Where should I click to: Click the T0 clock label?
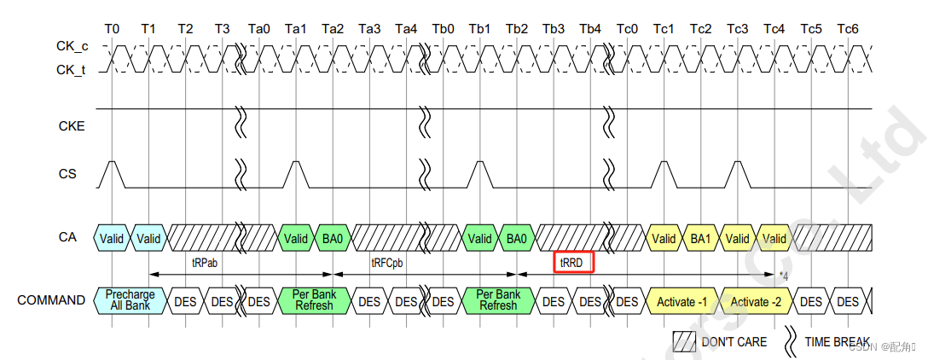pos(112,29)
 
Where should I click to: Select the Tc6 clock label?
pos(847,29)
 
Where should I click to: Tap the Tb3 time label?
pos(554,29)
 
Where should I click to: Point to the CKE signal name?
pos(71,126)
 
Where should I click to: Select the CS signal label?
pos(67,174)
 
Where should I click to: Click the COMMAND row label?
pos(51,300)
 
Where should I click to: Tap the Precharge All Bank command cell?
pos(130,300)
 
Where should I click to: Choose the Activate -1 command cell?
pos(682,301)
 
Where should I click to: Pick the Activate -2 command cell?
pos(757,301)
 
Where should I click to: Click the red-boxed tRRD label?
pos(573,263)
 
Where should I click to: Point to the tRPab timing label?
pos(205,263)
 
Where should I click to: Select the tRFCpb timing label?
pos(387,263)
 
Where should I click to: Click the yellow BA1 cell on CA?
pos(700,239)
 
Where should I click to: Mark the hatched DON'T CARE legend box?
pos(684,341)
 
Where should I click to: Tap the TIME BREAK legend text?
pos(838,341)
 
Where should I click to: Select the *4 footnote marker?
pos(783,275)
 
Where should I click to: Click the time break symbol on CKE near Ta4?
pos(424,125)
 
